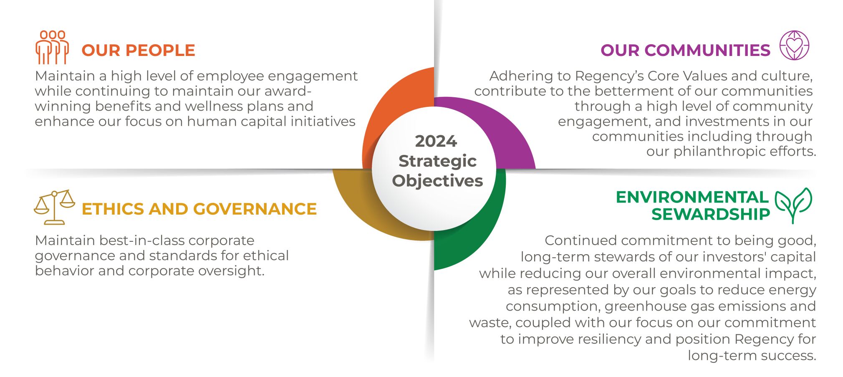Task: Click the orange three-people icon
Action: click(52, 47)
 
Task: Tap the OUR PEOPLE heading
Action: click(138, 51)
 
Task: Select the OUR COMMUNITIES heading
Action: click(685, 51)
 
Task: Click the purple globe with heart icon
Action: click(795, 45)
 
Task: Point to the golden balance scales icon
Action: click(54, 207)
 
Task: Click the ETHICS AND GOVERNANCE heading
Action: click(199, 209)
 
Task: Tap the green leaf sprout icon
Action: click(793, 205)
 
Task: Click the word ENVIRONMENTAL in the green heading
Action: click(692, 197)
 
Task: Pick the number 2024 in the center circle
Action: click(436, 142)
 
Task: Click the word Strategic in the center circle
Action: click(437, 161)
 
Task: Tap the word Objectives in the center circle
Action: click(437, 181)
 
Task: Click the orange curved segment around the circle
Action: click(396, 113)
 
